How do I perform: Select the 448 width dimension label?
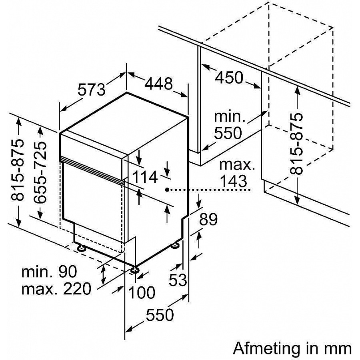click(158, 84)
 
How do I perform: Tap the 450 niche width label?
click(229, 77)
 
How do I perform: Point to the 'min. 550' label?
click(229, 125)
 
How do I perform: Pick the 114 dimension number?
click(144, 176)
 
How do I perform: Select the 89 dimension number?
click(208, 220)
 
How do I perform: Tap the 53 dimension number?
click(178, 280)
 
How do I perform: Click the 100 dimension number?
click(142, 292)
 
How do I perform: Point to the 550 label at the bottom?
click(160, 316)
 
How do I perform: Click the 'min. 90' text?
click(49, 272)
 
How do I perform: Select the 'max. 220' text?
click(56, 288)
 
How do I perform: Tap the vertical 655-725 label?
click(41, 172)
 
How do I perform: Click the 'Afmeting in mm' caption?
click(292, 348)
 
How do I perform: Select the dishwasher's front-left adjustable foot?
click(82, 248)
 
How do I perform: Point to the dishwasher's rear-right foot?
click(175, 245)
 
